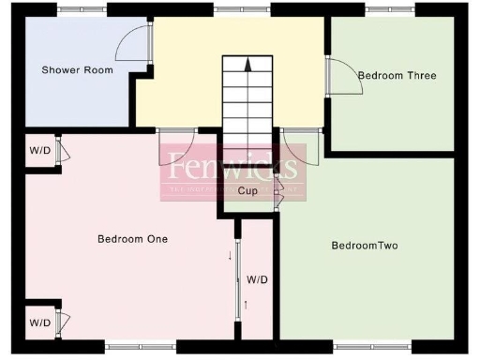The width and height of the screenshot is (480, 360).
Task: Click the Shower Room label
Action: click(77, 70)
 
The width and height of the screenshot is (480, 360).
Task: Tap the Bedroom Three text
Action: click(397, 75)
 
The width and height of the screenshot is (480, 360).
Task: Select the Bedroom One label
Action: click(132, 239)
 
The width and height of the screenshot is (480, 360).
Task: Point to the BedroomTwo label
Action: click(365, 247)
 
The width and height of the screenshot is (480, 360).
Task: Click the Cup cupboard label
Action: click(247, 191)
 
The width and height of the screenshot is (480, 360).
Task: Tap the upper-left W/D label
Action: click(39, 150)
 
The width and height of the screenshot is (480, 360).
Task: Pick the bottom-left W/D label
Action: click(39, 322)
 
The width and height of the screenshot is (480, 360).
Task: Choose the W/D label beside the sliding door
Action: click(258, 279)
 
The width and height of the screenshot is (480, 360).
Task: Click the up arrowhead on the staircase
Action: click(247, 65)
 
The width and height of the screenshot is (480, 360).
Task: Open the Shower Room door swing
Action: click(137, 44)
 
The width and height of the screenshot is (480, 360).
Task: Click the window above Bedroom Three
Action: click(392, 9)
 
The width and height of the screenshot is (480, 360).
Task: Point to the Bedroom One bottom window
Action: click(141, 347)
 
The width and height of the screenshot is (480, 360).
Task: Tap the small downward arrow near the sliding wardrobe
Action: click(230, 255)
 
